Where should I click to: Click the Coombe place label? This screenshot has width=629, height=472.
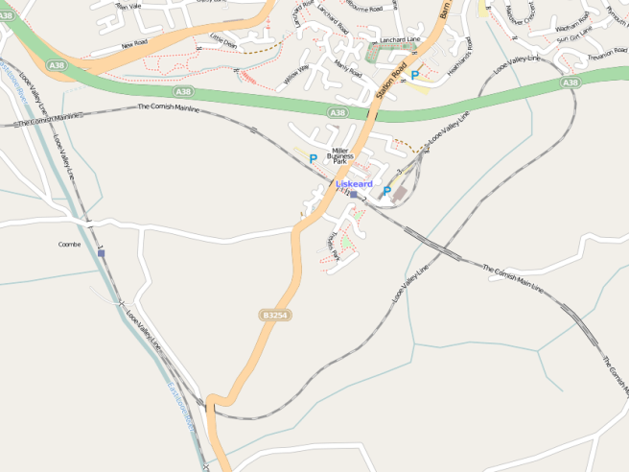(68, 244)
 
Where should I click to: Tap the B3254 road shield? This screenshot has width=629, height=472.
(273, 315)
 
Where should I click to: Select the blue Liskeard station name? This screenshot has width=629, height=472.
(354, 183)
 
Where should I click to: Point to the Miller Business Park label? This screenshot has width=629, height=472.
(339, 156)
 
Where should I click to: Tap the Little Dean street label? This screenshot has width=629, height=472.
(222, 41)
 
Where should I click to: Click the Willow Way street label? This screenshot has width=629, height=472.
(296, 76)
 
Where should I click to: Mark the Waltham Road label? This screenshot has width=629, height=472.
(571, 30)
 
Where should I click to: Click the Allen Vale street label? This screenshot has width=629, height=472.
(128, 6)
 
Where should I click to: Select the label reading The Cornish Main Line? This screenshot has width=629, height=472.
(512, 275)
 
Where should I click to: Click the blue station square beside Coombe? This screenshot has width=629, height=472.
(101, 253)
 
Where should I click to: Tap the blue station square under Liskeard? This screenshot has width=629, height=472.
(353, 194)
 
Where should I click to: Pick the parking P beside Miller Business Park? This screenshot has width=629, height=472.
(313, 158)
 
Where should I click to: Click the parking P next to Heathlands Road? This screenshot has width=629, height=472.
(414, 75)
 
